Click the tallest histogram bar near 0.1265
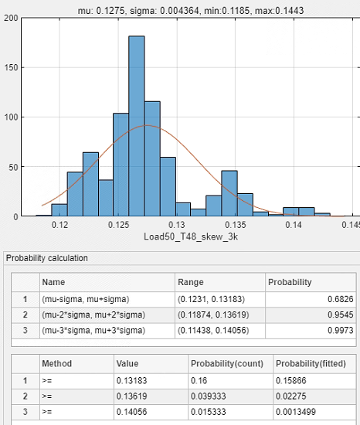(137, 126)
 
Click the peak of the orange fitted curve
(147, 125)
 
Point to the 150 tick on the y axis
(11, 67)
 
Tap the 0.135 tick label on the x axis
(236, 225)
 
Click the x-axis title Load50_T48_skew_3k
(191, 236)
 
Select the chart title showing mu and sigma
(191, 11)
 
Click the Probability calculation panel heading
(47, 258)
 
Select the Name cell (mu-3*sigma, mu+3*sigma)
(93, 331)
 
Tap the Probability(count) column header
(227, 364)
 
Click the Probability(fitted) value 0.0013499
(296, 412)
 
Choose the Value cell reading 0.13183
(131, 380)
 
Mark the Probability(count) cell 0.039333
(209, 396)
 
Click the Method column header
(57, 364)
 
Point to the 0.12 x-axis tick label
(59, 225)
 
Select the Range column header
(190, 282)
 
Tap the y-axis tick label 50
(13, 167)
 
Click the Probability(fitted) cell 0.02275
(291, 396)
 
